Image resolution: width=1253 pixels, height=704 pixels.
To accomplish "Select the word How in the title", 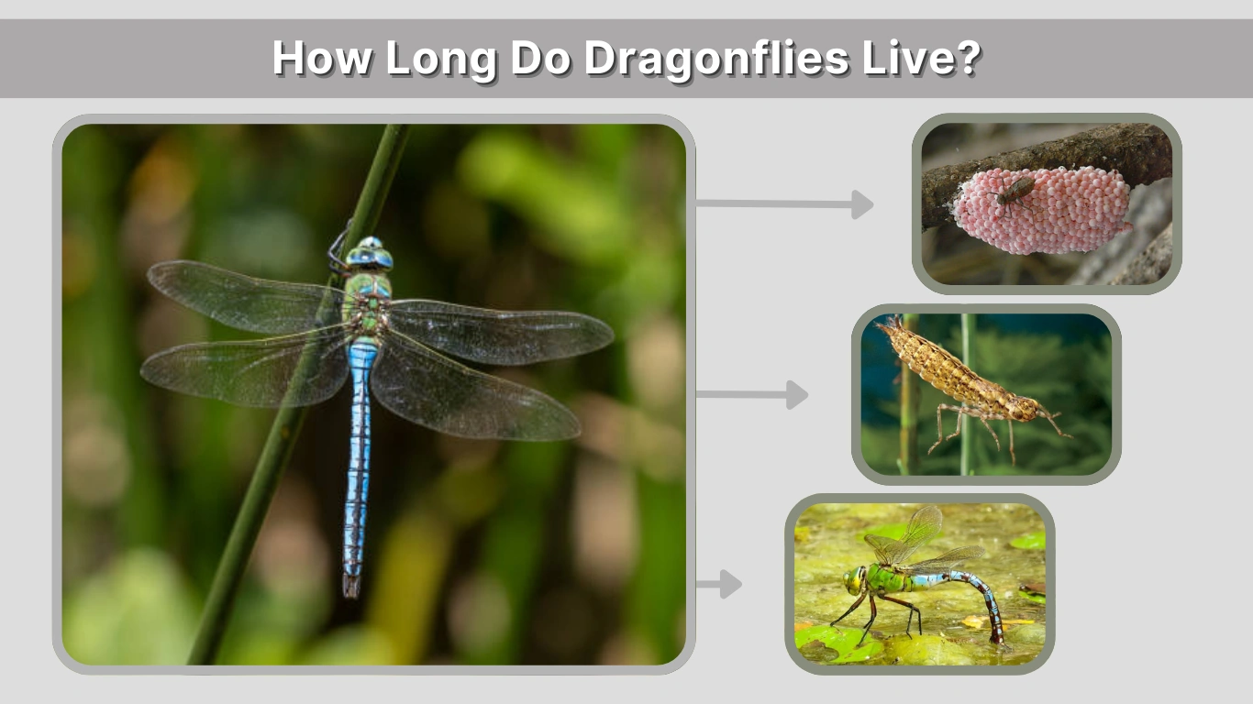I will click(320, 59).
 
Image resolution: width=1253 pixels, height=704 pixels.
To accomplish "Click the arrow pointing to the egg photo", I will click(784, 204).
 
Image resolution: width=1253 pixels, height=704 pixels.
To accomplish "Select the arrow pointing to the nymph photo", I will click(752, 395).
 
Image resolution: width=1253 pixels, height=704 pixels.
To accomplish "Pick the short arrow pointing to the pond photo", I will click(720, 584).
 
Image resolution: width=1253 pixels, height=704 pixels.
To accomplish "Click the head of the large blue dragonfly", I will click(370, 254).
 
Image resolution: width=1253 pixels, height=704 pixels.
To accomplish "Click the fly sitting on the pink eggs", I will click(1015, 191).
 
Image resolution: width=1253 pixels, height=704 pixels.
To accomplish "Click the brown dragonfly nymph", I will click(963, 376).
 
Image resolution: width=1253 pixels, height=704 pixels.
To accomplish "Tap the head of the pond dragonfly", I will click(855, 579).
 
